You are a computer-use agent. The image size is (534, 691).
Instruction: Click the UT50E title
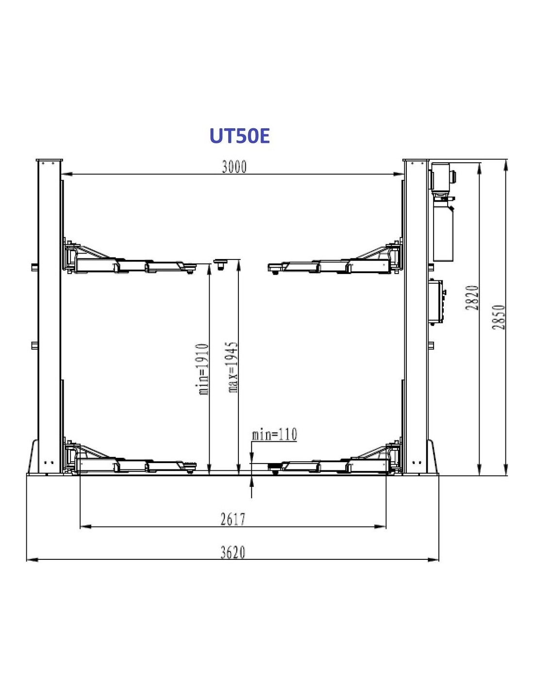click(x=240, y=136)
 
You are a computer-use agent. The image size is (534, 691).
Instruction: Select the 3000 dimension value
click(x=234, y=167)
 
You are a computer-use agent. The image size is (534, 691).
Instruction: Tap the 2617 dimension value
click(x=233, y=519)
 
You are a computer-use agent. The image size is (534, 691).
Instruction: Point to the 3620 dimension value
click(x=233, y=553)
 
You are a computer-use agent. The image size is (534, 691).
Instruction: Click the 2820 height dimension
click(x=473, y=298)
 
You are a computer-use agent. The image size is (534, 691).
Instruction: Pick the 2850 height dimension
click(x=499, y=317)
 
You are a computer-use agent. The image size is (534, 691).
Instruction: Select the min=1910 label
click(x=203, y=369)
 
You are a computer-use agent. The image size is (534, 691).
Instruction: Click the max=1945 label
click(x=233, y=367)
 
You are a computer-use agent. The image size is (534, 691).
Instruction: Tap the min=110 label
click(x=274, y=434)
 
